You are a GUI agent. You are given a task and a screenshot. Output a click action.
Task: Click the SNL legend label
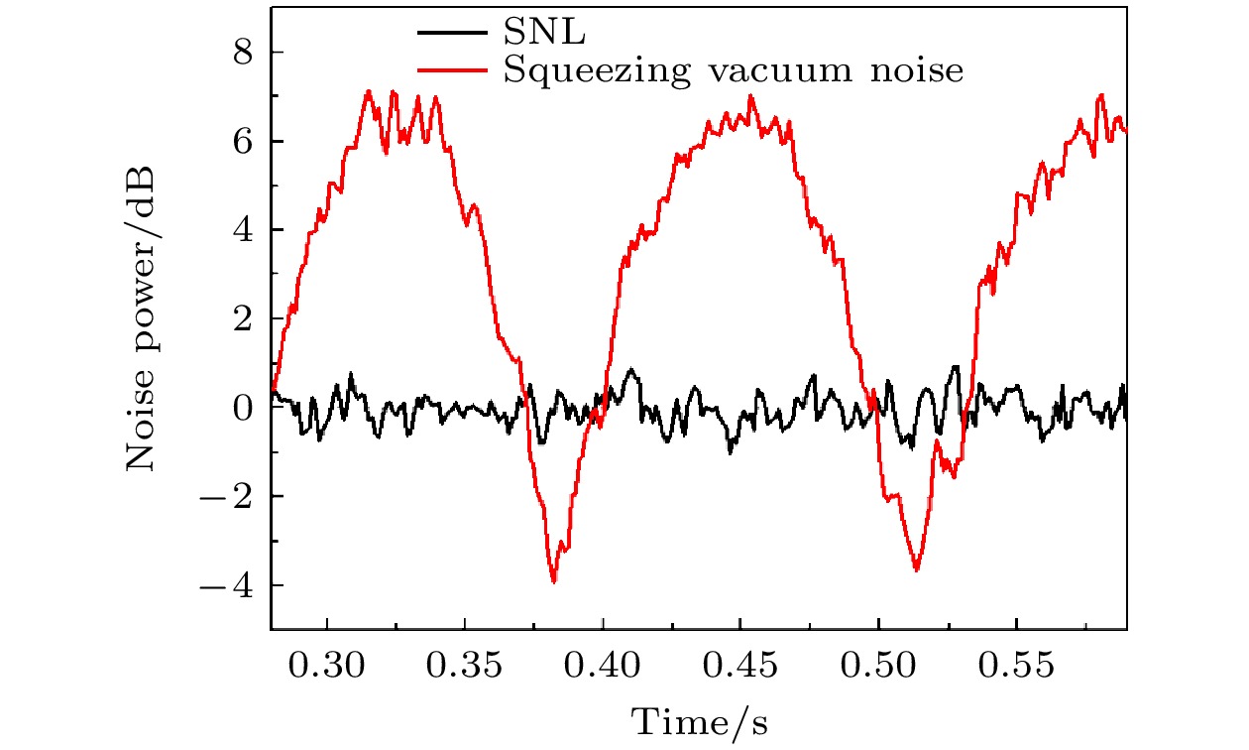click(x=544, y=33)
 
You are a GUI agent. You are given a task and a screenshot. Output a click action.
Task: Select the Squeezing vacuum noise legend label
click(x=734, y=70)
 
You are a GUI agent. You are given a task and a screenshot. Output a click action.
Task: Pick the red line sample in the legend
click(x=452, y=69)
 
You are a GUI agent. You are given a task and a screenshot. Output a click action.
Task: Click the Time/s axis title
click(x=700, y=720)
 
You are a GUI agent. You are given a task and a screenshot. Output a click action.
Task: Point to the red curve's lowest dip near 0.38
click(x=554, y=581)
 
